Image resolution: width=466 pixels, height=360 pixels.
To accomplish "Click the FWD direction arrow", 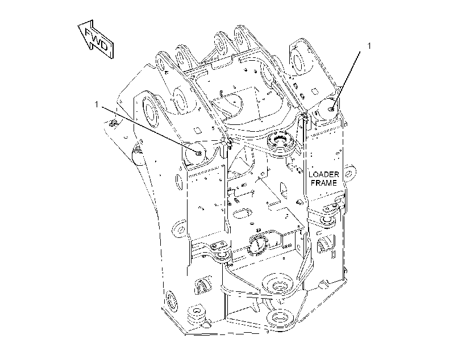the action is pyautogui.click(x=95, y=39).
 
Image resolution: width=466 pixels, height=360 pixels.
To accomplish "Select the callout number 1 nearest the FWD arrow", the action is pyautogui.click(x=96, y=104).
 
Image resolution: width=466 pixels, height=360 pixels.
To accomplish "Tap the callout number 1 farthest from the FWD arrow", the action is pyautogui.click(x=369, y=47).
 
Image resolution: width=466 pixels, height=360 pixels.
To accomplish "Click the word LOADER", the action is pyautogui.click(x=324, y=174).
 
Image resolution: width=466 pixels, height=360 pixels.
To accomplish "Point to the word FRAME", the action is pyautogui.click(x=324, y=183).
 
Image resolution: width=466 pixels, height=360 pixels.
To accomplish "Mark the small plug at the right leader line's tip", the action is pyautogui.click(x=332, y=110).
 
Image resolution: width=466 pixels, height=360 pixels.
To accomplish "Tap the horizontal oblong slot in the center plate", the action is pyautogui.click(x=242, y=214).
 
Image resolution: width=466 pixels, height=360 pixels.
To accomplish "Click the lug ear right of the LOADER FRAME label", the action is pyautogui.click(x=351, y=171).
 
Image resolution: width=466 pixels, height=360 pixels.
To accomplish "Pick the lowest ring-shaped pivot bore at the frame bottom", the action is pyautogui.click(x=281, y=320).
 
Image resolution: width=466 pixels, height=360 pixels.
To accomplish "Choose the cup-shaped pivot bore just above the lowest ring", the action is pyautogui.click(x=278, y=285).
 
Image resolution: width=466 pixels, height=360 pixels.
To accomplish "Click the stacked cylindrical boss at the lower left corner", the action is pyautogui.click(x=196, y=314).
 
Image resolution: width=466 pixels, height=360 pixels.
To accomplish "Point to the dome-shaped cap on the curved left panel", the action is pyautogui.click(x=138, y=156).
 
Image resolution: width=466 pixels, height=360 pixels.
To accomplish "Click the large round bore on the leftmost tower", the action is pyautogui.click(x=151, y=112).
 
